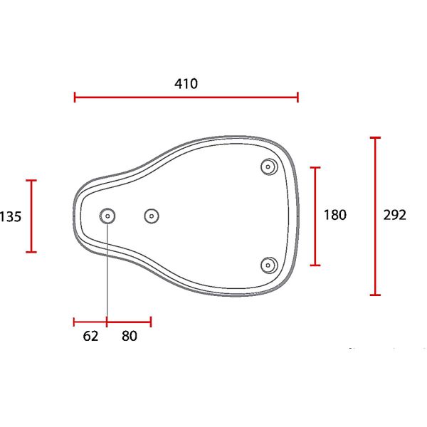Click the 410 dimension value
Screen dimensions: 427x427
click(186, 83)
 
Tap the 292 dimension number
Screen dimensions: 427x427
click(394, 215)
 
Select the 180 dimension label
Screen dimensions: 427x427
click(334, 215)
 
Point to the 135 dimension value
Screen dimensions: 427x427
click(10, 216)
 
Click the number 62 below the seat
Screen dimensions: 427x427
click(90, 337)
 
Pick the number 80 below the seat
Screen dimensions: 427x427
click(129, 337)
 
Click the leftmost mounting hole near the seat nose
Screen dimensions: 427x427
click(107, 215)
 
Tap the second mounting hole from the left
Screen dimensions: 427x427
click(151, 215)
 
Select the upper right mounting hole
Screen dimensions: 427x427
click(268, 167)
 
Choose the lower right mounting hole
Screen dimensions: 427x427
click(268, 265)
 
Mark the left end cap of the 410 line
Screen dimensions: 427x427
click(75, 97)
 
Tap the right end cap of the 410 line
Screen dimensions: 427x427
click(297, 97)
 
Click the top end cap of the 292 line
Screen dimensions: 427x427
click(375, 137)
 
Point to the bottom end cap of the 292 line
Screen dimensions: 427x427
click(375, 294)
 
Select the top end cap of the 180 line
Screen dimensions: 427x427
click(315, 167)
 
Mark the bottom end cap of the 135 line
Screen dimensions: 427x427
click(31, 252)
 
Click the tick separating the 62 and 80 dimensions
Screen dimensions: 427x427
click(107, 322)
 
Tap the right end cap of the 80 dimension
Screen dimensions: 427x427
click(151, 322)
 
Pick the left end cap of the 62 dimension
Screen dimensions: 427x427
click(75, 322)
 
